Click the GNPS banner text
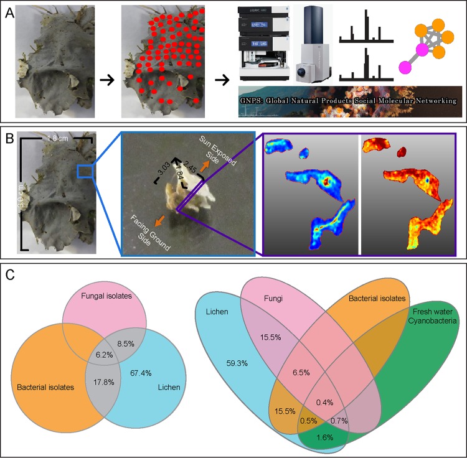(348, 100)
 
